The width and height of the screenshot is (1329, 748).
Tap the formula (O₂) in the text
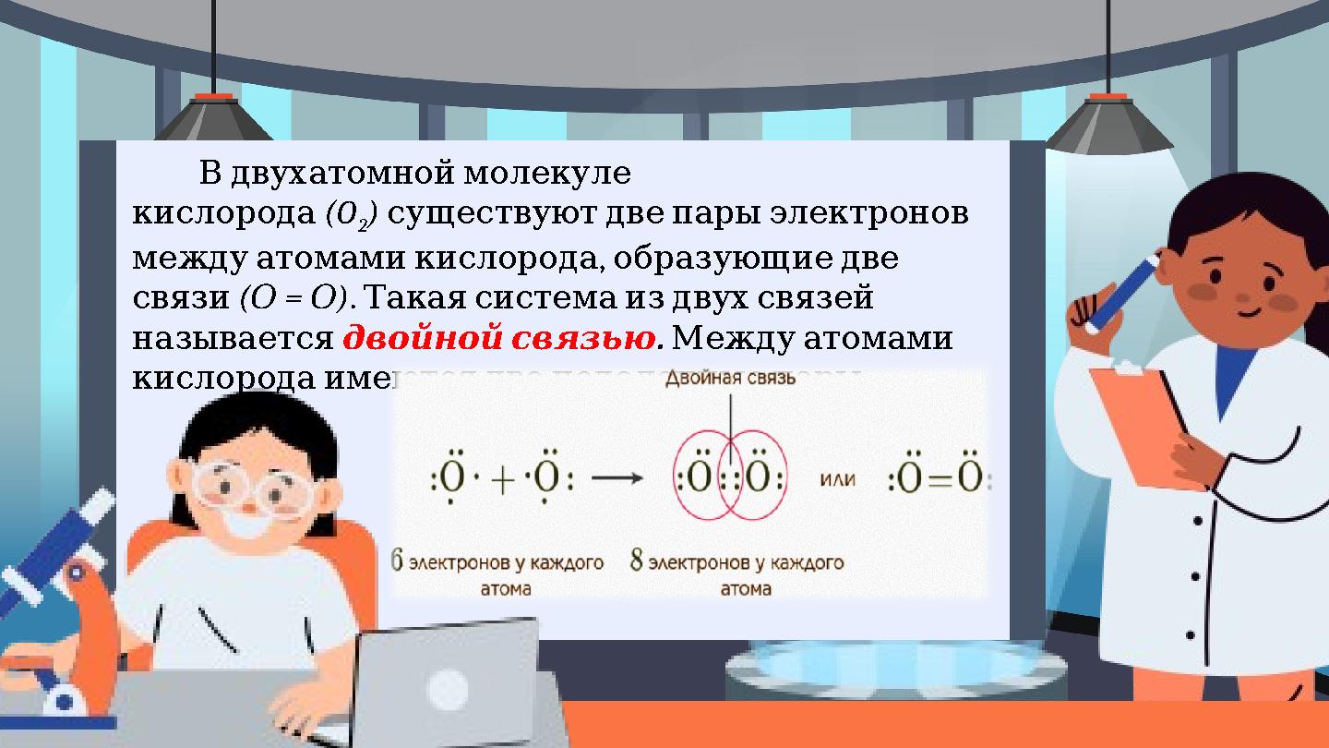[354, 214]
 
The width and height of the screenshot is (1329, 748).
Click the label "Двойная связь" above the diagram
[730, 379]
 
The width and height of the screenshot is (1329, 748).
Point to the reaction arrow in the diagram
[617, 478]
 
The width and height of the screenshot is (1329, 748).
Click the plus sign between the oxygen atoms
[503, 480]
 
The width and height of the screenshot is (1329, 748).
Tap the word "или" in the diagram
[837, 479]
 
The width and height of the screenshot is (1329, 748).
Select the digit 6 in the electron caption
[398, 561]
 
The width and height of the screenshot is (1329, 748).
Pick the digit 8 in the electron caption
[637, 561]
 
